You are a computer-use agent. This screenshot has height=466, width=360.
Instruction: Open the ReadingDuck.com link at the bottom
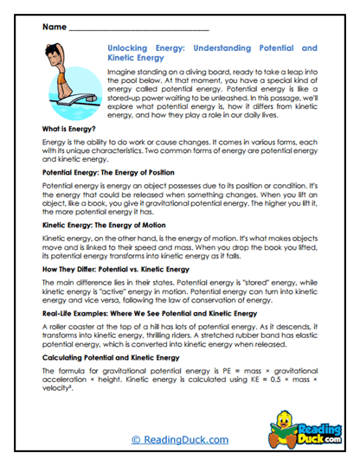(179, 439)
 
